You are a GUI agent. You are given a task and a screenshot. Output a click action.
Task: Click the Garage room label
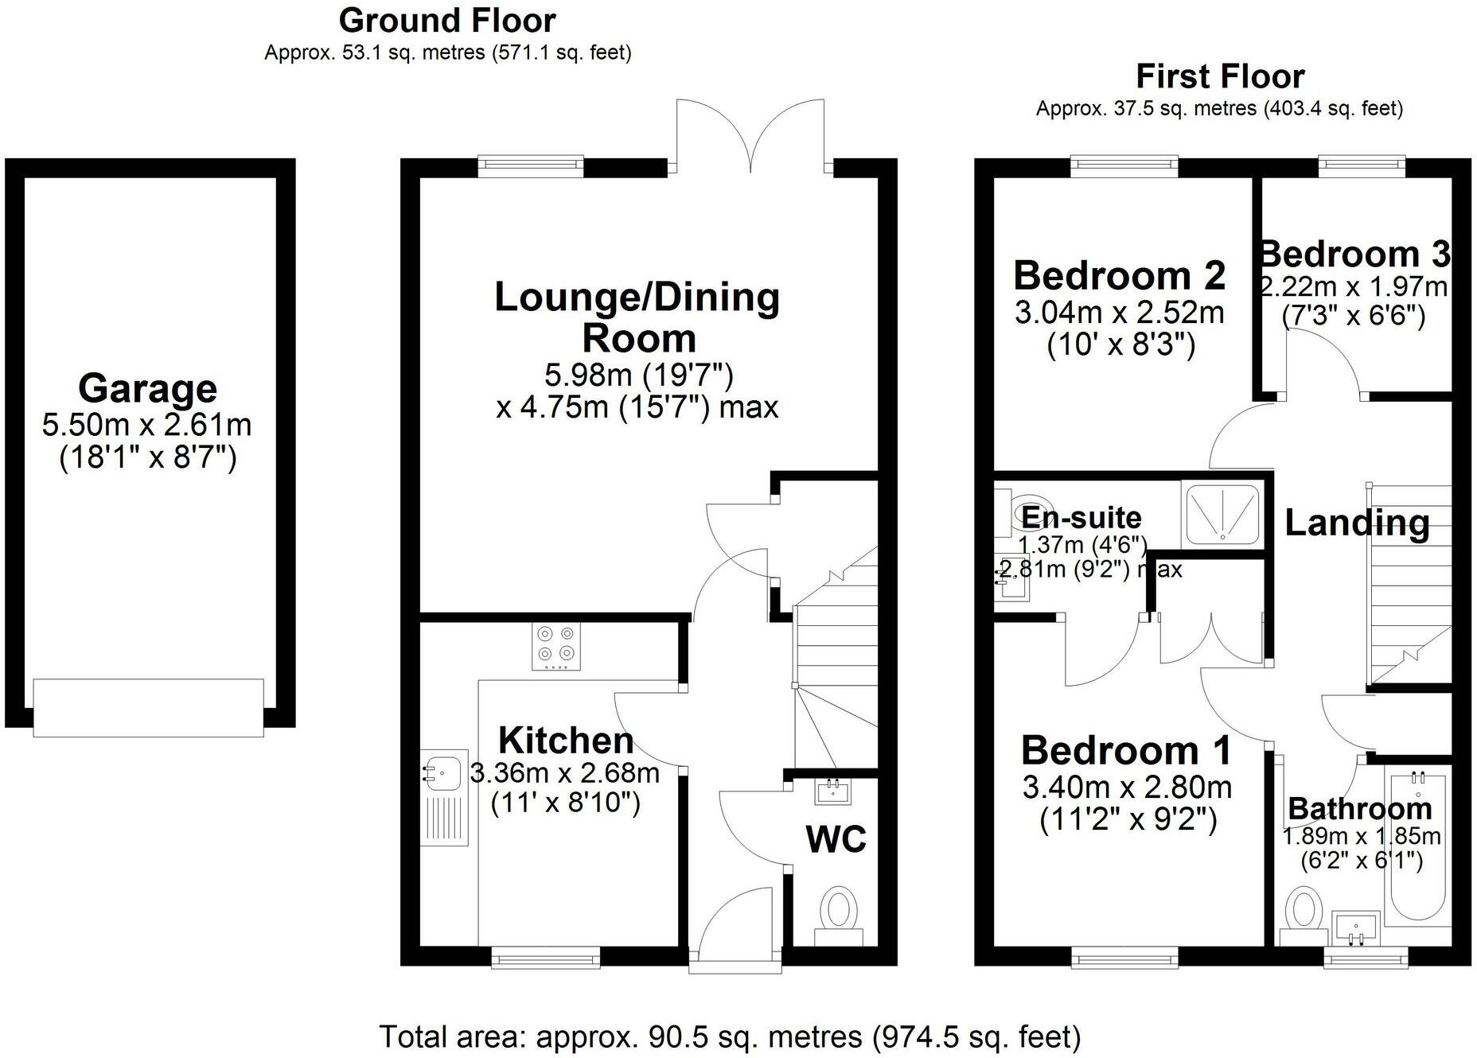147,388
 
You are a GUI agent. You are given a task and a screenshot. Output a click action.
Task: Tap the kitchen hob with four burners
555,645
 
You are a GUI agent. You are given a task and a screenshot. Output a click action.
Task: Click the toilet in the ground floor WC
838,912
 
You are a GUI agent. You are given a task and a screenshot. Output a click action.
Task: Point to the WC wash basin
833,792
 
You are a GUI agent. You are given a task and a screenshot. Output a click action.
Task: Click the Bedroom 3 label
1354,255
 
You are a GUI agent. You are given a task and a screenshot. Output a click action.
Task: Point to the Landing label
1357,523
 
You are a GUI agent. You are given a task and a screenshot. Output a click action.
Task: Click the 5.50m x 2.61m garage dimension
147,425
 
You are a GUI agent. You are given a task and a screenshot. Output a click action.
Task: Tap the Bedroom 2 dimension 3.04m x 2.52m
1119,313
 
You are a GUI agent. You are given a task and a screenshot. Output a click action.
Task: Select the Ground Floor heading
447,20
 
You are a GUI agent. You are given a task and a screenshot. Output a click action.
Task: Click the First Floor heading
1219,76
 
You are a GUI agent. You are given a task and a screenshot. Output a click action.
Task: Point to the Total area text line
730,1037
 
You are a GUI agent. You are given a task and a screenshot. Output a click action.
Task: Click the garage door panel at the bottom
148,707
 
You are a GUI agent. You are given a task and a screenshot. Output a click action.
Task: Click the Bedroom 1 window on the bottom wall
1124,959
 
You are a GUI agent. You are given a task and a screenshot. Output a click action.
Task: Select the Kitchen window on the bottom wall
546,959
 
